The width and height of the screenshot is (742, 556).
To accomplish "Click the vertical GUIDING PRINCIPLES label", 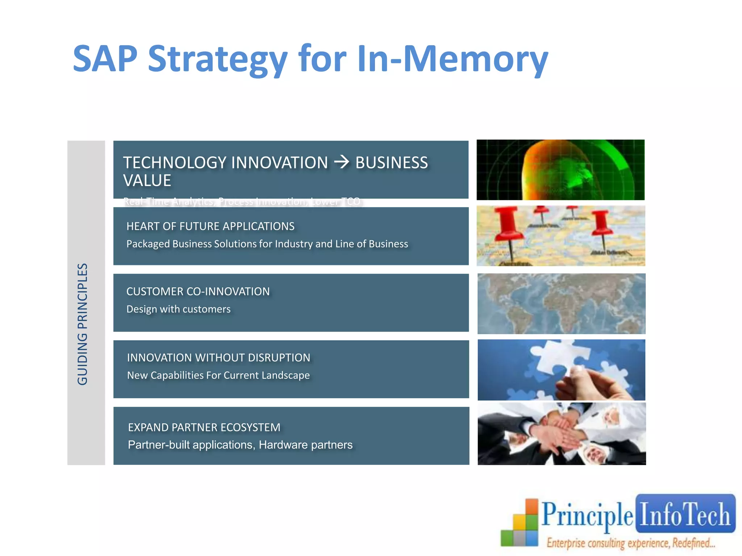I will [83, 324].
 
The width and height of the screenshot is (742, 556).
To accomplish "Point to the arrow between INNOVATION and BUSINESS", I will [341, 162].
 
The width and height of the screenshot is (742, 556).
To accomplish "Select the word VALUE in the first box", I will [147, 181].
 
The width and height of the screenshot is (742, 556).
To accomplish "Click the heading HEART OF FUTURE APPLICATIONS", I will [210, 226].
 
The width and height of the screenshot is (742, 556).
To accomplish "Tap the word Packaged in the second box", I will [148, 244].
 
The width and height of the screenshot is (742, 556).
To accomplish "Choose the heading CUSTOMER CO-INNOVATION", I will [198, 291].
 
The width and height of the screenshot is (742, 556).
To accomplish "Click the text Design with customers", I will [178, 309].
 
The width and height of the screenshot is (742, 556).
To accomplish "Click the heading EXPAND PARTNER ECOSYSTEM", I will [204, 427].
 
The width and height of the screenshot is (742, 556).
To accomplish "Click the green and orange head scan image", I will [560, 170].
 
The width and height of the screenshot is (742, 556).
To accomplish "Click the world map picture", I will [561, 304].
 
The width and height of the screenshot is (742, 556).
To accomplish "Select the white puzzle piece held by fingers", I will [558, 357].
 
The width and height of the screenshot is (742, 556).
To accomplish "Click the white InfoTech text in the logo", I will [685, 514].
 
